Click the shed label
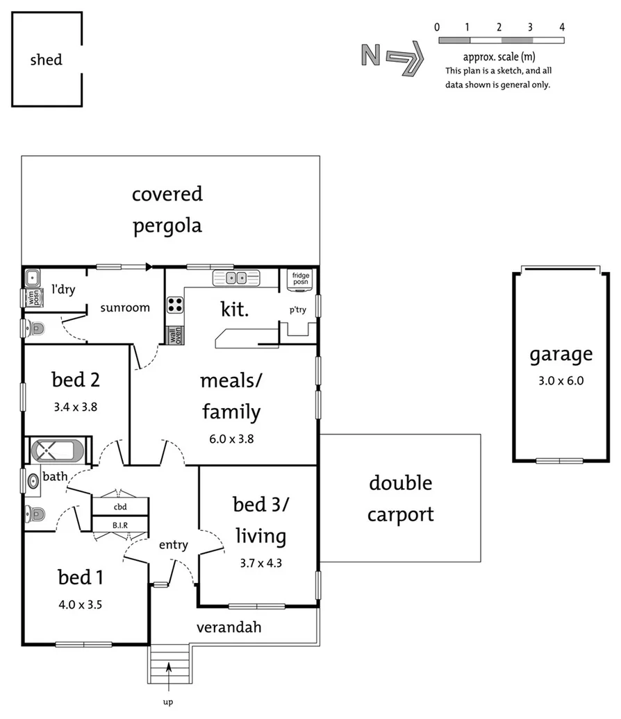click(x=46, y=60)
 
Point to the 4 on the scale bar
click(x=561, y=27)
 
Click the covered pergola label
click(x=167, y=209)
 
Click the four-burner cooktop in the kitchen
click(x=175, y=304)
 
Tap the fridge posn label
click(x=301, y=279)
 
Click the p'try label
click(x=298, y=310)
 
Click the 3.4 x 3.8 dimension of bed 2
click(x=75, y=407)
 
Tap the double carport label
click(x=400, y=498)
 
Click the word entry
click(x=173, y=545)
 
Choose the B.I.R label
click(x=120, y=525)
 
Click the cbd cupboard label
click(x=120, y=507)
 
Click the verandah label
click(x=229, y=627)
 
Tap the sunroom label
click(x=125, y=307)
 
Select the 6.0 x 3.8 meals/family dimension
click(x=231, y=439)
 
